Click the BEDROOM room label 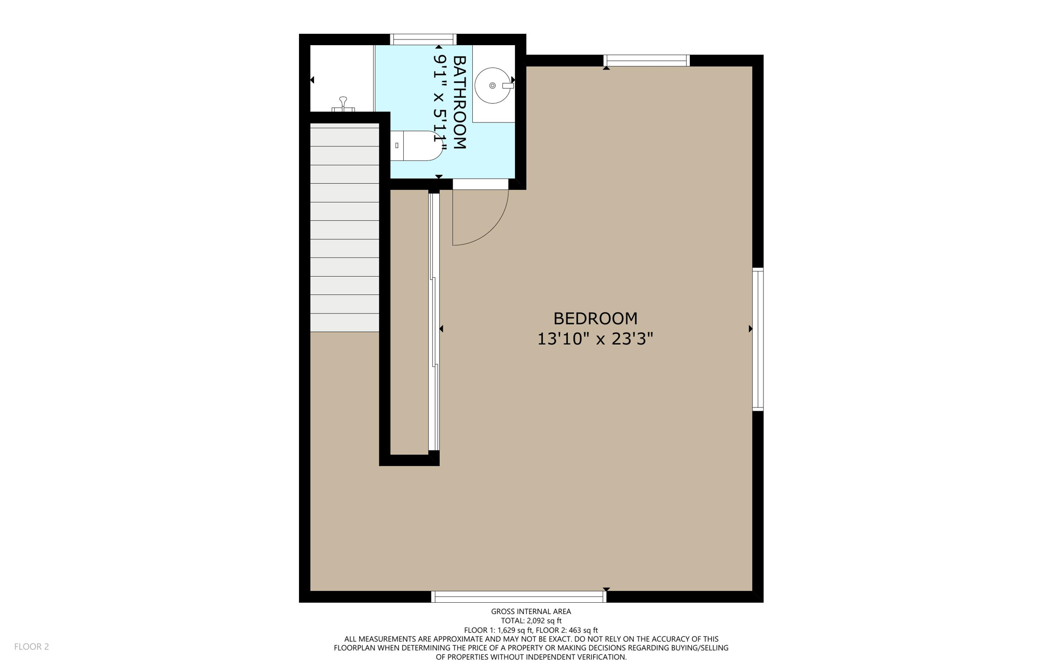[x=595, y=318]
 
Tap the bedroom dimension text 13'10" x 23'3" [x=595, y=339]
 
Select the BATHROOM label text [x=459, y=102]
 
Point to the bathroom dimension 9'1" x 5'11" [x=440, y=102]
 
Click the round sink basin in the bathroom [x=492, y=86]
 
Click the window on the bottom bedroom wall [x=519, y=597]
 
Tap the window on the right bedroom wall [x=758, y=339]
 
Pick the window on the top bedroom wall [x=646, y=60]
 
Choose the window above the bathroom [x=423, y=39]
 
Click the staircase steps [x=344, y=228]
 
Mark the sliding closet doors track [x=434, y=322]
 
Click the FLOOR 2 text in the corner [x=32, y=646]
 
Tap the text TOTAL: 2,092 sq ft [x=531, y=620]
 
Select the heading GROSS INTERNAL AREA [x=531, y=612]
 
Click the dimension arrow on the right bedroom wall [x=750, y=329]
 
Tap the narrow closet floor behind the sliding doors [x=409, y=322]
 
